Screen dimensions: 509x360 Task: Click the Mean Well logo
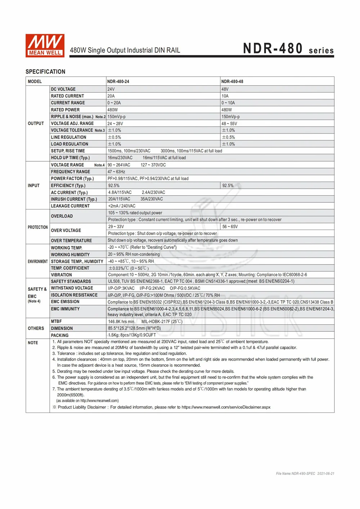[x=45, y=46]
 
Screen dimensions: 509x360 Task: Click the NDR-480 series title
[x=288, y=49]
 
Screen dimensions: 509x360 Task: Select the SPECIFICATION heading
[x=45, y=72]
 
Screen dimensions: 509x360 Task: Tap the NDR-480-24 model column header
[x=118, y=82]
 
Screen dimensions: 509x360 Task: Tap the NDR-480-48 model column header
[x=232, y=82]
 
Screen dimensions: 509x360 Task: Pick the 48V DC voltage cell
[x=225, y=89]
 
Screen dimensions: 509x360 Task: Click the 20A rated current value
[x=111, y=96]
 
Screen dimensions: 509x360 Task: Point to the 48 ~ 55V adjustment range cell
[x=229, y=123]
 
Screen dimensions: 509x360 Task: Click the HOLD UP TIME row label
[x=70, y=158]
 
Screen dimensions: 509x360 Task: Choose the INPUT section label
[x=34, y=185]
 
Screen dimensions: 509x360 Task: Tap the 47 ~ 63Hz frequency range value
[x=116, y=172]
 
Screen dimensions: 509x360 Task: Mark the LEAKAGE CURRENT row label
[x=70, y=206]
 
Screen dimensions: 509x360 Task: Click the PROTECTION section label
[x=38, y=227]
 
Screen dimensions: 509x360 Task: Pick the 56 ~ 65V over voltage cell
[x=230, y=227]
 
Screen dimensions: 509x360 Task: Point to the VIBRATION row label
[x=62, y=275]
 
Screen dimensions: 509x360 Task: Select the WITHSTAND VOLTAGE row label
[x=72, y=288]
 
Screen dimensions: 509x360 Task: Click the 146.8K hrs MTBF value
[x=122, y=322]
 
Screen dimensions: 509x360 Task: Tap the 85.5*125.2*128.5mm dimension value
[x=134, y=328]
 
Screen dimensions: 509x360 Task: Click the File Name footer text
[x=305, y=474]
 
